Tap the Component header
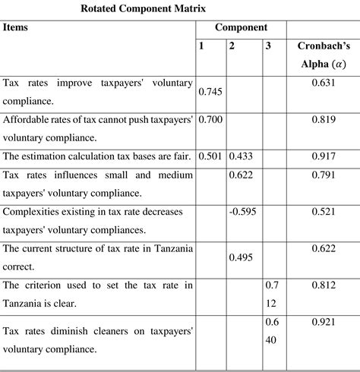pyautogui.click(x=240, y=27)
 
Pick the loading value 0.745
pyautogui.click(x=210, y=91)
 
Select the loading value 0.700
pyautogui.click(x=210, y=118)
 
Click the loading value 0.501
pyautogui.click(x=210, y=156)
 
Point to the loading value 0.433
pyautogui.click(x=242, y=156)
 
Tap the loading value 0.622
pyautogui.click(x=242, y=175)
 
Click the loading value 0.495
pyautogui.click(x=242, y=258)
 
